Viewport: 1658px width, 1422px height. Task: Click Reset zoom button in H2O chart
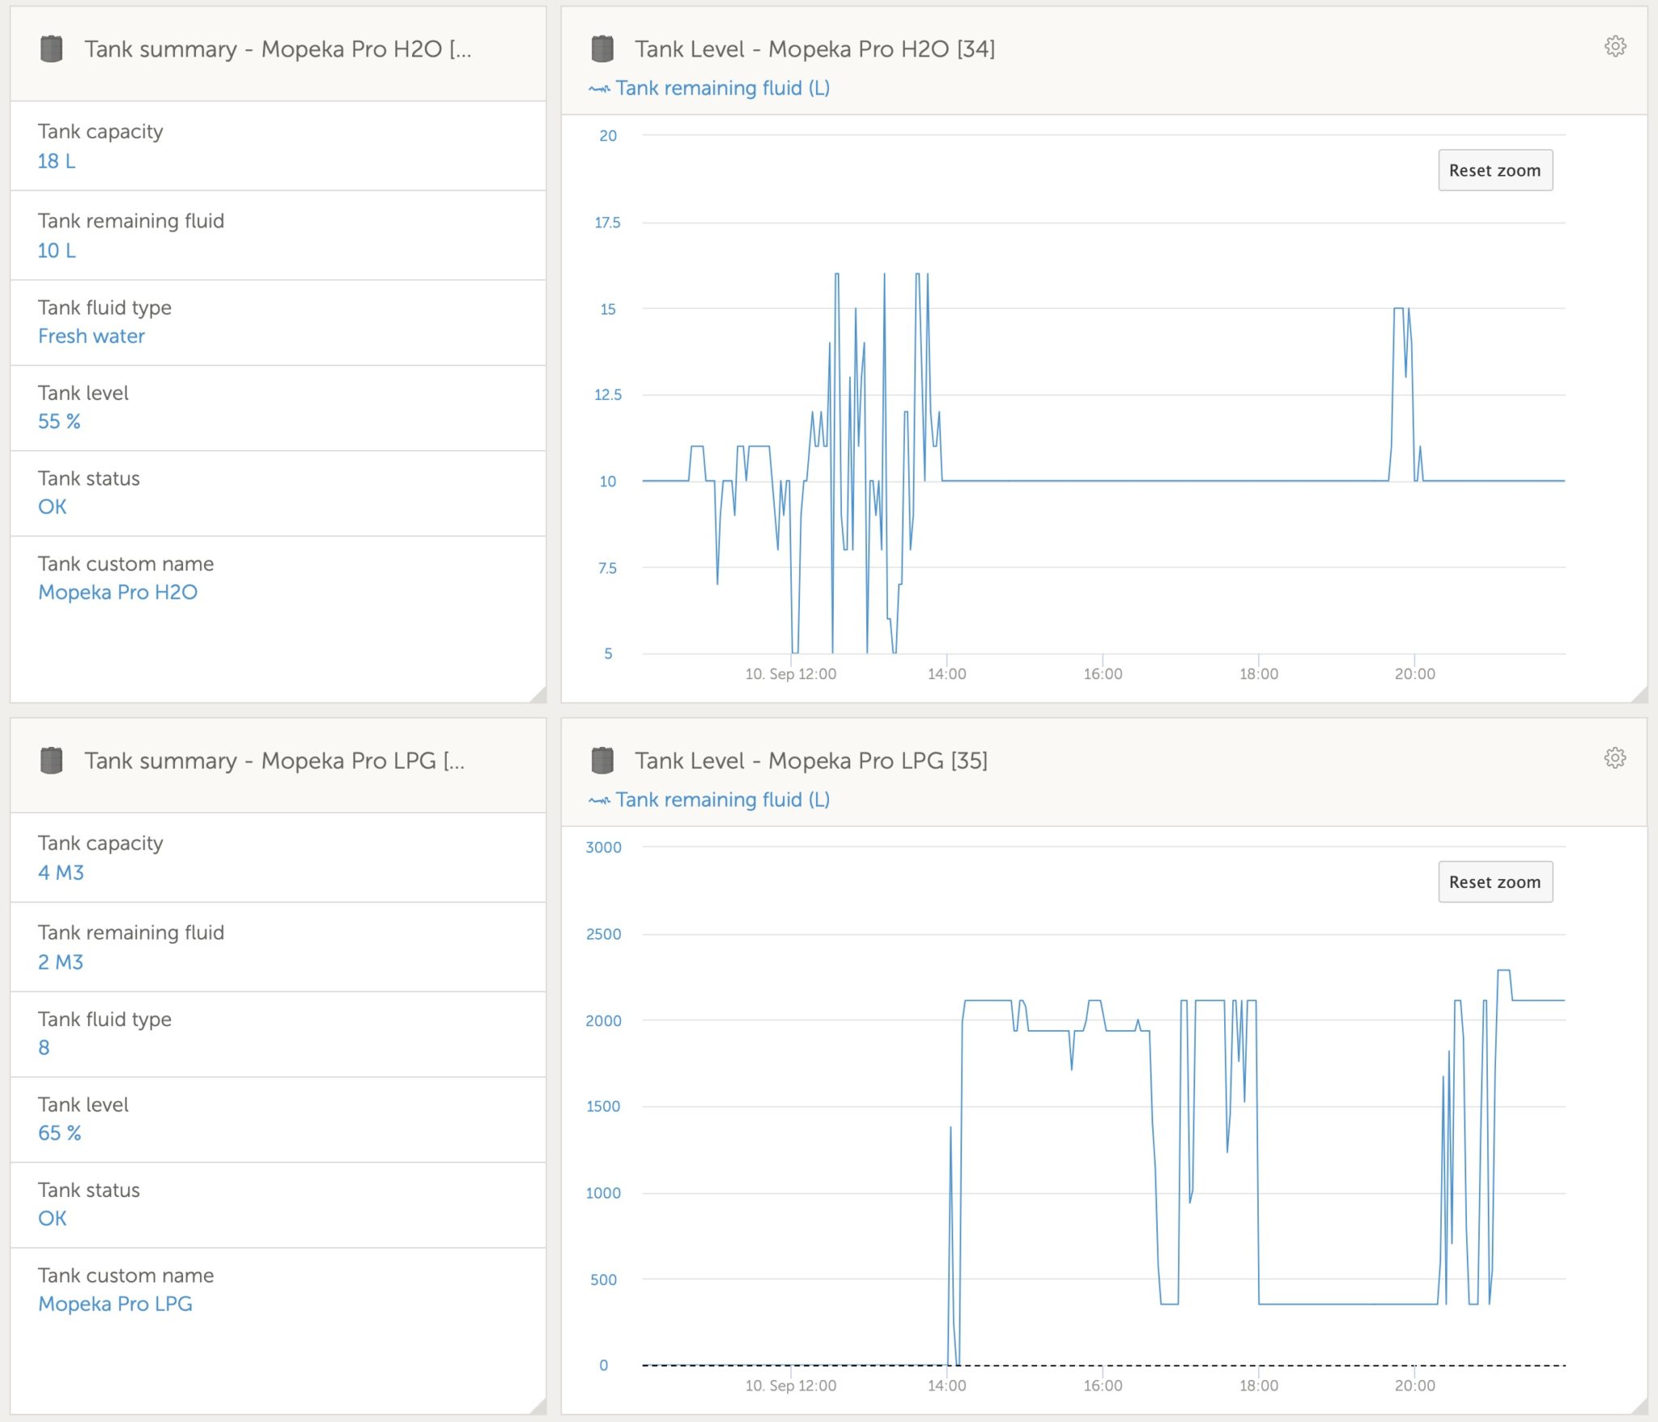click(x=1494, y=170)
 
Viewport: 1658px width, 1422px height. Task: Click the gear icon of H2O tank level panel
click(x=1614, y=46)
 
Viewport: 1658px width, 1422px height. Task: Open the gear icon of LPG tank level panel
click(x=1614, y=758)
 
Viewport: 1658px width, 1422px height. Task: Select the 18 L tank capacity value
click(x=57, y=161)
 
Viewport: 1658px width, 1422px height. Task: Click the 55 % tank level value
click(x=59, y=421)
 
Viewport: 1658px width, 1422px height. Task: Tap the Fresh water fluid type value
click(x=91, y=336)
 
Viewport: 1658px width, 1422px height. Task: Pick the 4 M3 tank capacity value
click(x=61, y=872)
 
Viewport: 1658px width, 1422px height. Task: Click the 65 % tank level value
click(x=60, y=1132)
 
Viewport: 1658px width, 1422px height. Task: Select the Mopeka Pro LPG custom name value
click(x=115, y=1303)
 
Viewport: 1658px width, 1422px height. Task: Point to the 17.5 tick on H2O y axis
click(x=607, y=223)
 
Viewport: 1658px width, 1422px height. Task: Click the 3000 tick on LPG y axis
click(x=603, y=847)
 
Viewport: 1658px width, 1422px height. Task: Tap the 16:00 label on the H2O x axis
click(x=1103, y=673)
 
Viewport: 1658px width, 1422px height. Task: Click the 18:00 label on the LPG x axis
click(x=1258, y=1385)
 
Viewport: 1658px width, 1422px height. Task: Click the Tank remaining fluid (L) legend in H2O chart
click(x=721, y=88)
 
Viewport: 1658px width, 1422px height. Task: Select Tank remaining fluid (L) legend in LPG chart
click(x=721, y=800)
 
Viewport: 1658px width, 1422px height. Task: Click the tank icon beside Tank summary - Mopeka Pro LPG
click(x=52, y=760)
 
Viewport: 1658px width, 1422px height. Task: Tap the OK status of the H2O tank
click(x=53, y=507)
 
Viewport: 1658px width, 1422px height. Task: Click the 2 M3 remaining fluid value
click(x=61, y=961)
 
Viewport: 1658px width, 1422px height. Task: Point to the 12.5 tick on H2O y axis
click(x=607, y=395)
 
